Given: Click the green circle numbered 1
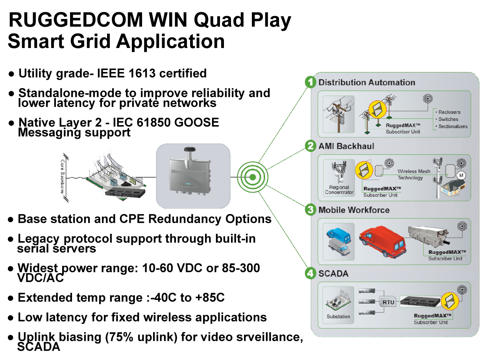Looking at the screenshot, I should tap(311, 83).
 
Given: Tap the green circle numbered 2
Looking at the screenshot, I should tap(311, 146).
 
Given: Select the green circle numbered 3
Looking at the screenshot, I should tap(311, 210).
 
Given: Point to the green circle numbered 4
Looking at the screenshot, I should tap(311, 273).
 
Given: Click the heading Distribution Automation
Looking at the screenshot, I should tap(366, 83).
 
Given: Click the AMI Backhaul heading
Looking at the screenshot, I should tap(346, 146).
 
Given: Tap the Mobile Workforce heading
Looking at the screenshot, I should tap(354, 210).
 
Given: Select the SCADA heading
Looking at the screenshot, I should tap(333, 273).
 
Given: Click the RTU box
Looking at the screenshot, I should tap(388, 303).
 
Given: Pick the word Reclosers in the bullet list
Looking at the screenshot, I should tap(449, 112).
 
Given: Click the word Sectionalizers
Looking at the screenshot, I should tap(453, 126).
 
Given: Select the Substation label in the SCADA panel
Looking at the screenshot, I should tap(338, 316).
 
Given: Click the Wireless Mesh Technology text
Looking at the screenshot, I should tap(413, 174).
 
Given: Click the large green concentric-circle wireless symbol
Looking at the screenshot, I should tap(252, 177).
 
